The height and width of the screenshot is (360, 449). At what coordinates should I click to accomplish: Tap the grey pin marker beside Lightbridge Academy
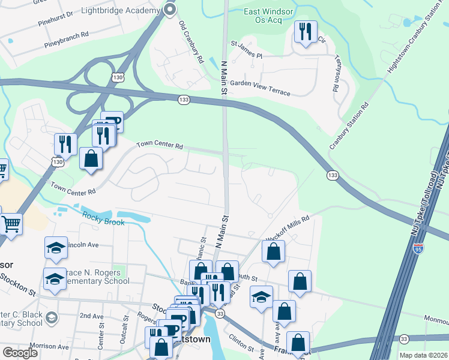pos(170,10)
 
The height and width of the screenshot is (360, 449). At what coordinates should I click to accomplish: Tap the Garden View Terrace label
pos(260,88)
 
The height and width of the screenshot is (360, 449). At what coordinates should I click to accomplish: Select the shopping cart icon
pos(11,224)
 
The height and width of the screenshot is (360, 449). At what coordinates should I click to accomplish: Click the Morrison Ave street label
pos(51,346)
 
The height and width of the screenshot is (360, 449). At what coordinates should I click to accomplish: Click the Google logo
pos(20,353)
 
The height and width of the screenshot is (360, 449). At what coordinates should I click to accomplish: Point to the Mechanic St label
pos(202,247)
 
